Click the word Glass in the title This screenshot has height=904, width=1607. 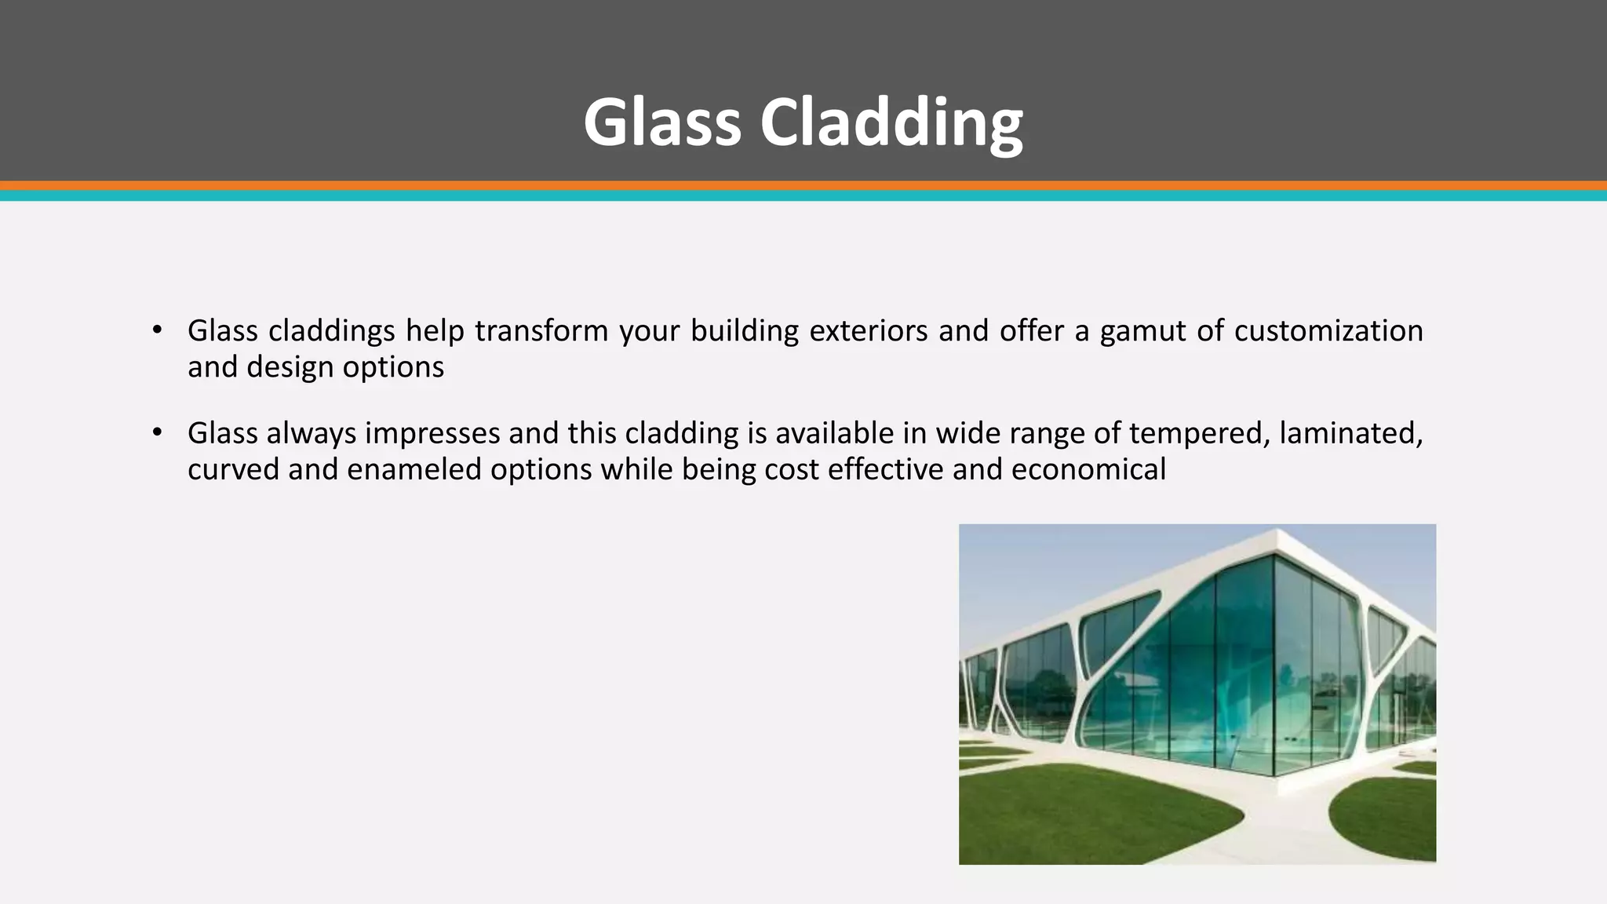pos(661,122)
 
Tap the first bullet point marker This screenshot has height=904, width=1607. pos(157,330)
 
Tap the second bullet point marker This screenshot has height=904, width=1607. pos(157,432)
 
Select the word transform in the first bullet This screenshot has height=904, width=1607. pos(541,331)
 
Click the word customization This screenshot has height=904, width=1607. pos(1328,331)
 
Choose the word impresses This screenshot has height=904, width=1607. pos(432,434)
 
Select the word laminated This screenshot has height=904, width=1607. pos(1350,434)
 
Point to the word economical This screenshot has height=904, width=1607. pos(1088,470)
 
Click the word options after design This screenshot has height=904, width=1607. pos(393,367)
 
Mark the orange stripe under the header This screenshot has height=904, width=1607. pos(803,186)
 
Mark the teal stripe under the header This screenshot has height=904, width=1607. pos(803,196)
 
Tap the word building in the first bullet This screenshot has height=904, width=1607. pos(745,331)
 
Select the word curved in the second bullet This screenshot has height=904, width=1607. pos(233,470)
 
